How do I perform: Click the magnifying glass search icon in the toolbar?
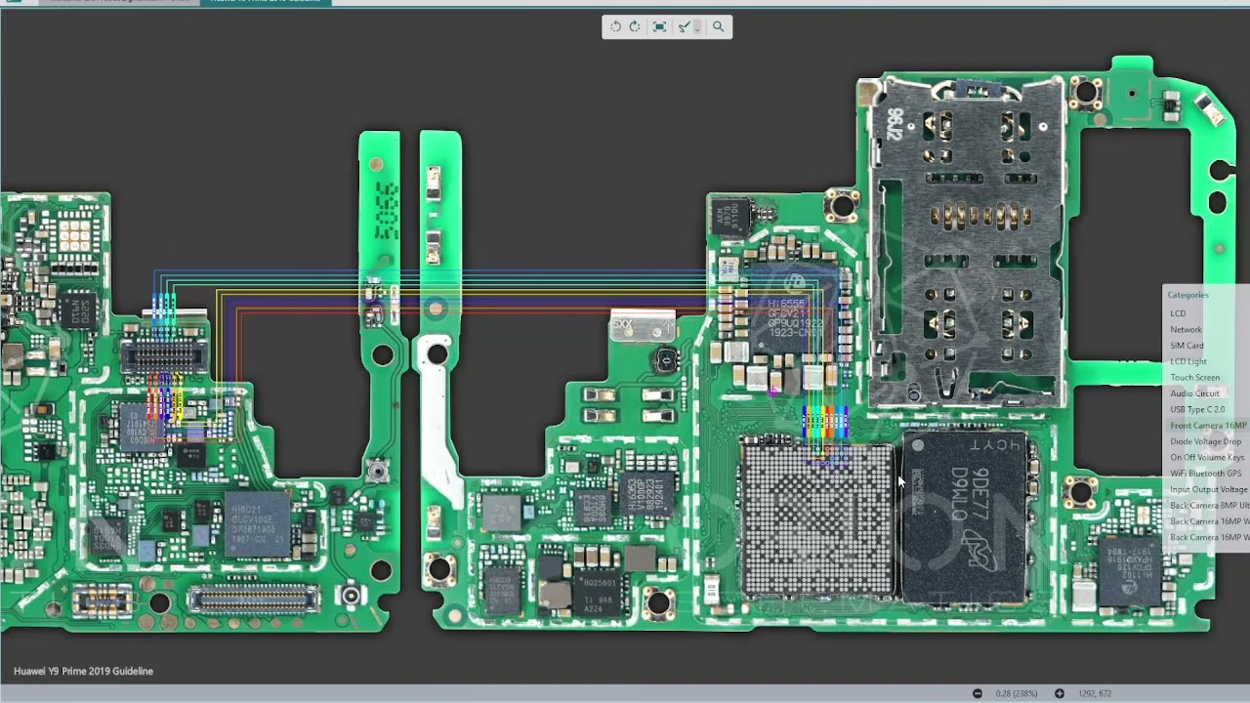718,27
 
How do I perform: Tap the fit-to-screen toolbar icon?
659,27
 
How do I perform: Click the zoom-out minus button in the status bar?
977,693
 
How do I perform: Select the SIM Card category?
1187,346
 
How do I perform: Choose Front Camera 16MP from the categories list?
1208,426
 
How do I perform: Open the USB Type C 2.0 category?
1197,410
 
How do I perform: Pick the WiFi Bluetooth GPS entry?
1205,474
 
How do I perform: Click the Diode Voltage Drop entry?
1205,441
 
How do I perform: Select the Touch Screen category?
1194,378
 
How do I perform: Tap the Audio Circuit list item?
1194,393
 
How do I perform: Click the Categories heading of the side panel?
1187,295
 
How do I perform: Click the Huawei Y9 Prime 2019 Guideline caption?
83,671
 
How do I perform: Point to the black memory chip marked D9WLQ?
965,517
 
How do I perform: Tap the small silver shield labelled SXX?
642,327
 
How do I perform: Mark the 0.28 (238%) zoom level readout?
1017,693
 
